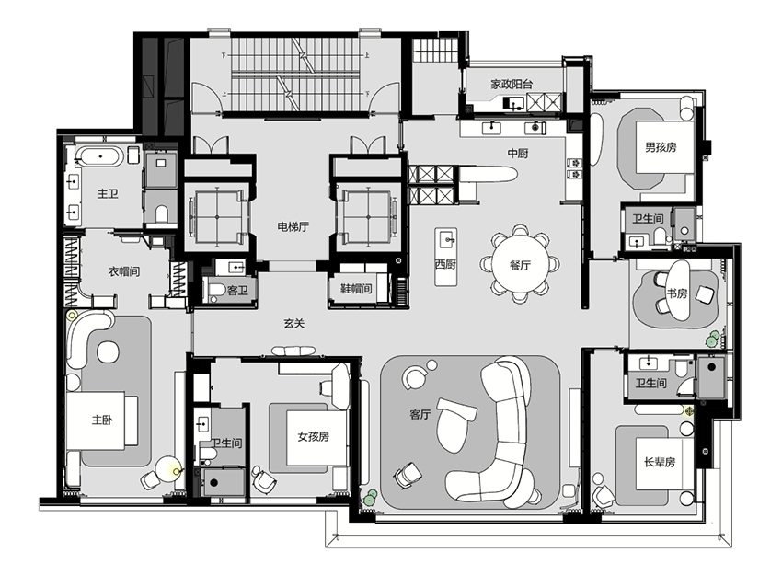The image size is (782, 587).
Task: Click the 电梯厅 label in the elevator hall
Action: (293, 227)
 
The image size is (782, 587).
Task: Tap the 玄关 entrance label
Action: (294, 324)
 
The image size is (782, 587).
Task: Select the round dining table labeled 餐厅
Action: (520, 265)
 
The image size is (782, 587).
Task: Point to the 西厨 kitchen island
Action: (445, 257)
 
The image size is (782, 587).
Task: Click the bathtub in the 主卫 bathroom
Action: (100, 156)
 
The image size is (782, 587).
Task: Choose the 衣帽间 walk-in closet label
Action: (124, 271)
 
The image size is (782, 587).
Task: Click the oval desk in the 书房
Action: (678, 292)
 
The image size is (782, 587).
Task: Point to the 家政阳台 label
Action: (512, 85)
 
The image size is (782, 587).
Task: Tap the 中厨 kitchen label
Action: (518, 153)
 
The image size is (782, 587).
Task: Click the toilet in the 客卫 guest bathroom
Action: (215, 290)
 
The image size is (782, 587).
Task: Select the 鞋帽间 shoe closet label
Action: (356, 289)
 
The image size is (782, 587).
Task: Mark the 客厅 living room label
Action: (420, 414)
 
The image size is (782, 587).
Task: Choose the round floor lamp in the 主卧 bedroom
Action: (168, 470)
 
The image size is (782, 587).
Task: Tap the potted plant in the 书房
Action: (712, 340)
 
